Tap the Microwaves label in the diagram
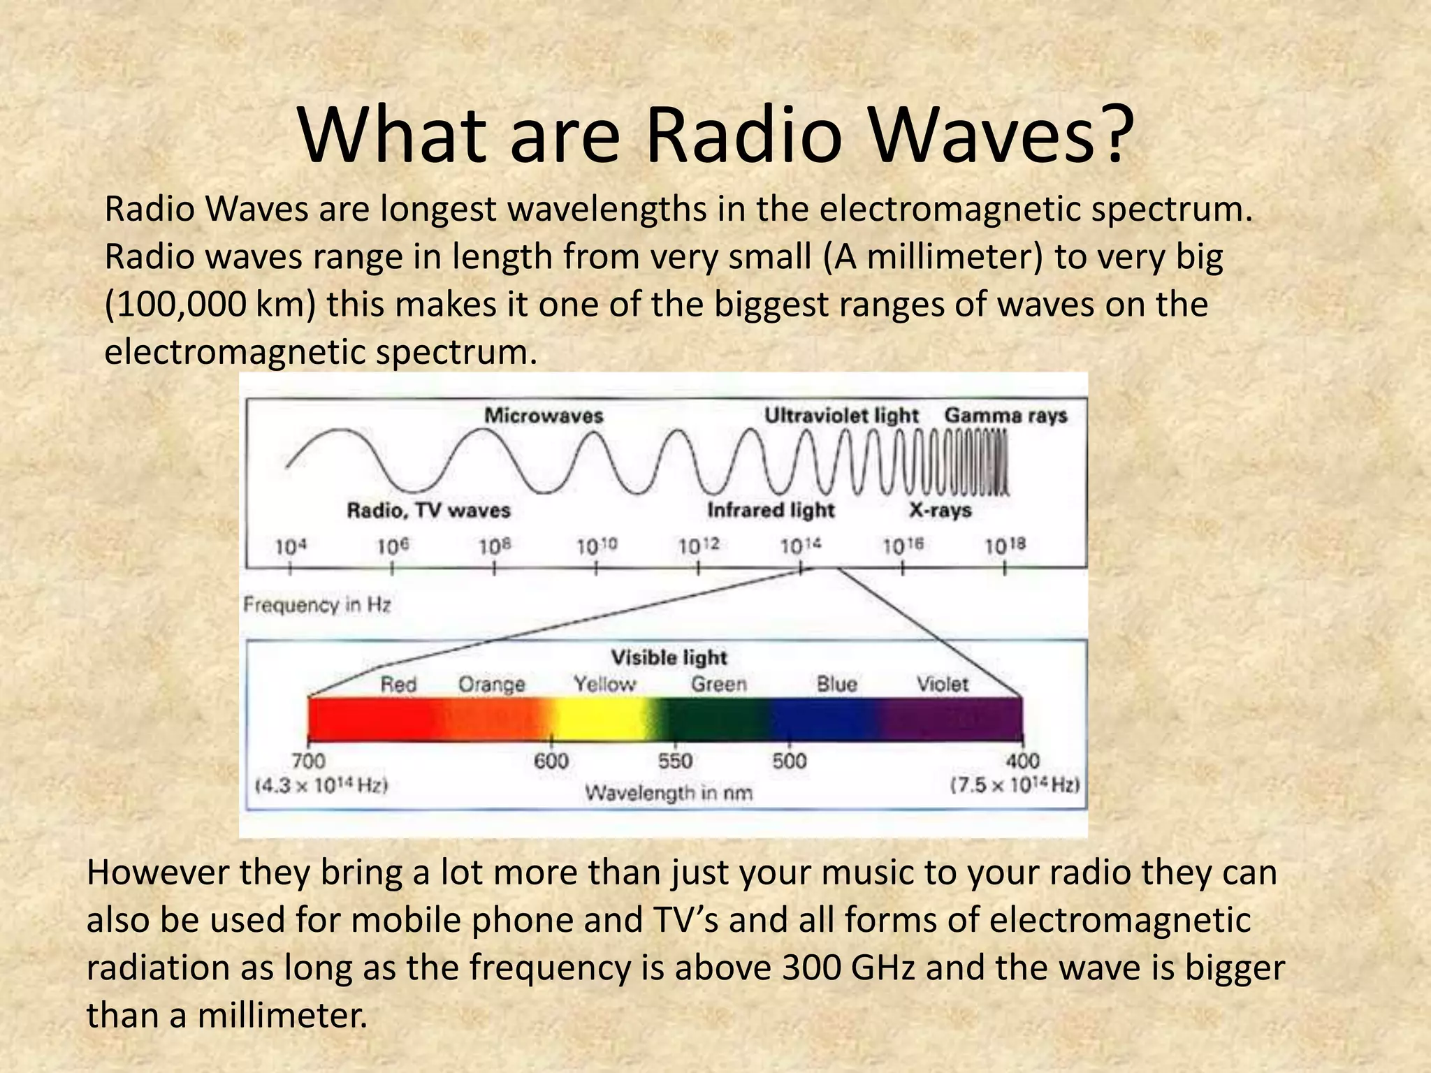544,416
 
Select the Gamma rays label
1005,416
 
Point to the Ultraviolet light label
841,416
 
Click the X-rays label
940,511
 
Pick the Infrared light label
771,511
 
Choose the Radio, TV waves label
428,511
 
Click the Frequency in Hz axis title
317,605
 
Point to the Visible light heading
669,657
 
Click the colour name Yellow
604,684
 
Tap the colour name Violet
942,684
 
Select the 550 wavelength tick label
675,761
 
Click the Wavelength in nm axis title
669,793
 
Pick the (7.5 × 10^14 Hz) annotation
1015,785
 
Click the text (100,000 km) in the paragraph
210,305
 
